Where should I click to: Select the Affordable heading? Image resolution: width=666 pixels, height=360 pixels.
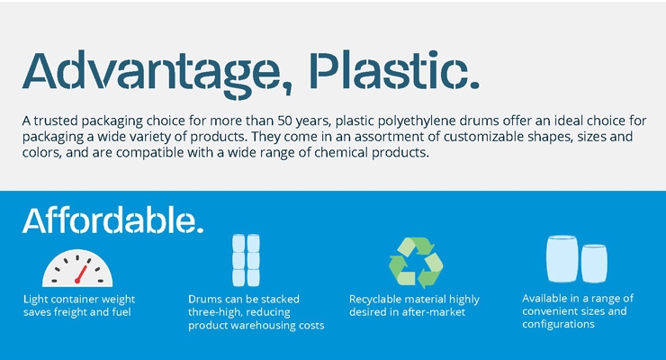113,220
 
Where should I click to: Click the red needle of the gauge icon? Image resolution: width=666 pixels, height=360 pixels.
81,274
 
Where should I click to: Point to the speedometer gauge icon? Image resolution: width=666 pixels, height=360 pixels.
77,268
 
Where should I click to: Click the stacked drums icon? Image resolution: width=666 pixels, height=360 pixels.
246,260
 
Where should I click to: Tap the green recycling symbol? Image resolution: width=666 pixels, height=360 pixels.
416,263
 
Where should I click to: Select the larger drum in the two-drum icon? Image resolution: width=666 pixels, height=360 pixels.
562,259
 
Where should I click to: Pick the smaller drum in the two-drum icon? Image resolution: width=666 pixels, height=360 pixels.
594,263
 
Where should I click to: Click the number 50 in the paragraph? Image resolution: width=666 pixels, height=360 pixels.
284,121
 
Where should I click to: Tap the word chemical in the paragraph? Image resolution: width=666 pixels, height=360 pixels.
341,153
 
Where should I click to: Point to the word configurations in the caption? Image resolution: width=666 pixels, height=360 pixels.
558,325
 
